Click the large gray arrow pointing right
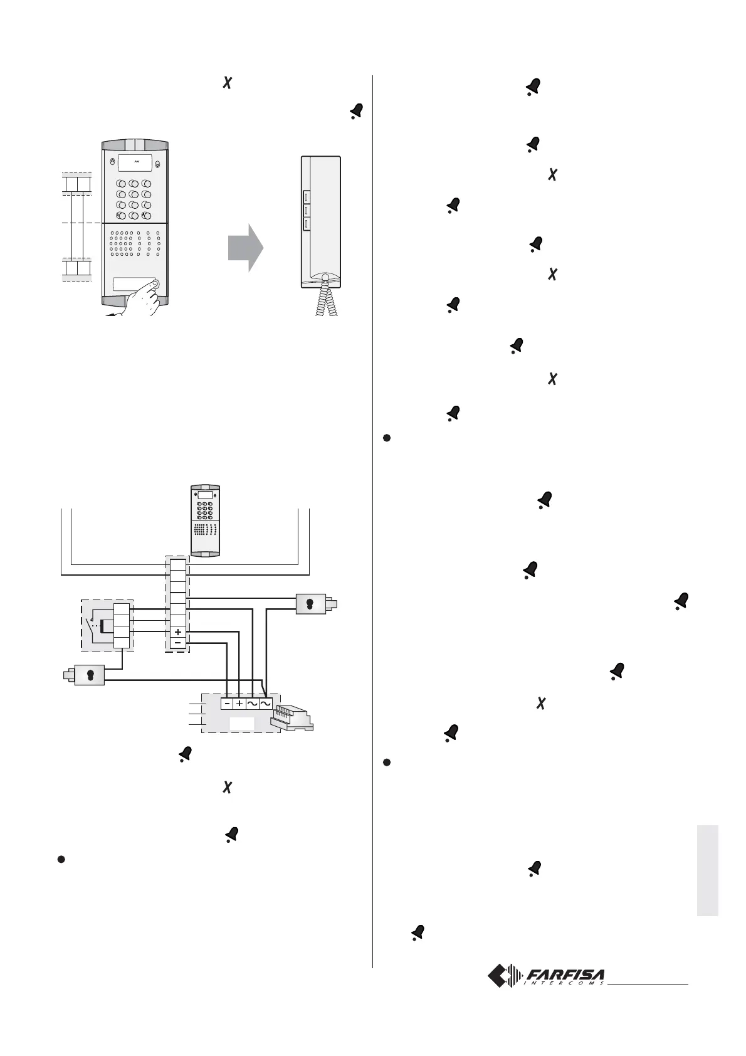tap(245, 247)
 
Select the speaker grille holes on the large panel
tap(134, 244)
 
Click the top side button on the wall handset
tap(307, 196)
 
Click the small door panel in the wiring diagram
tap(206, 520)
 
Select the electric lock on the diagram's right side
tap(313, 604)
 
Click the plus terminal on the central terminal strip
tap(178, 632)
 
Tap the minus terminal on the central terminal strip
tap(178, 643)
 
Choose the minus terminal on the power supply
tap(227, 704)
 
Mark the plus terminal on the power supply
tap(239, 704)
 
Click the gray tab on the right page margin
tap(707, 872)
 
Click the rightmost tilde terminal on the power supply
tap(265, 704)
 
